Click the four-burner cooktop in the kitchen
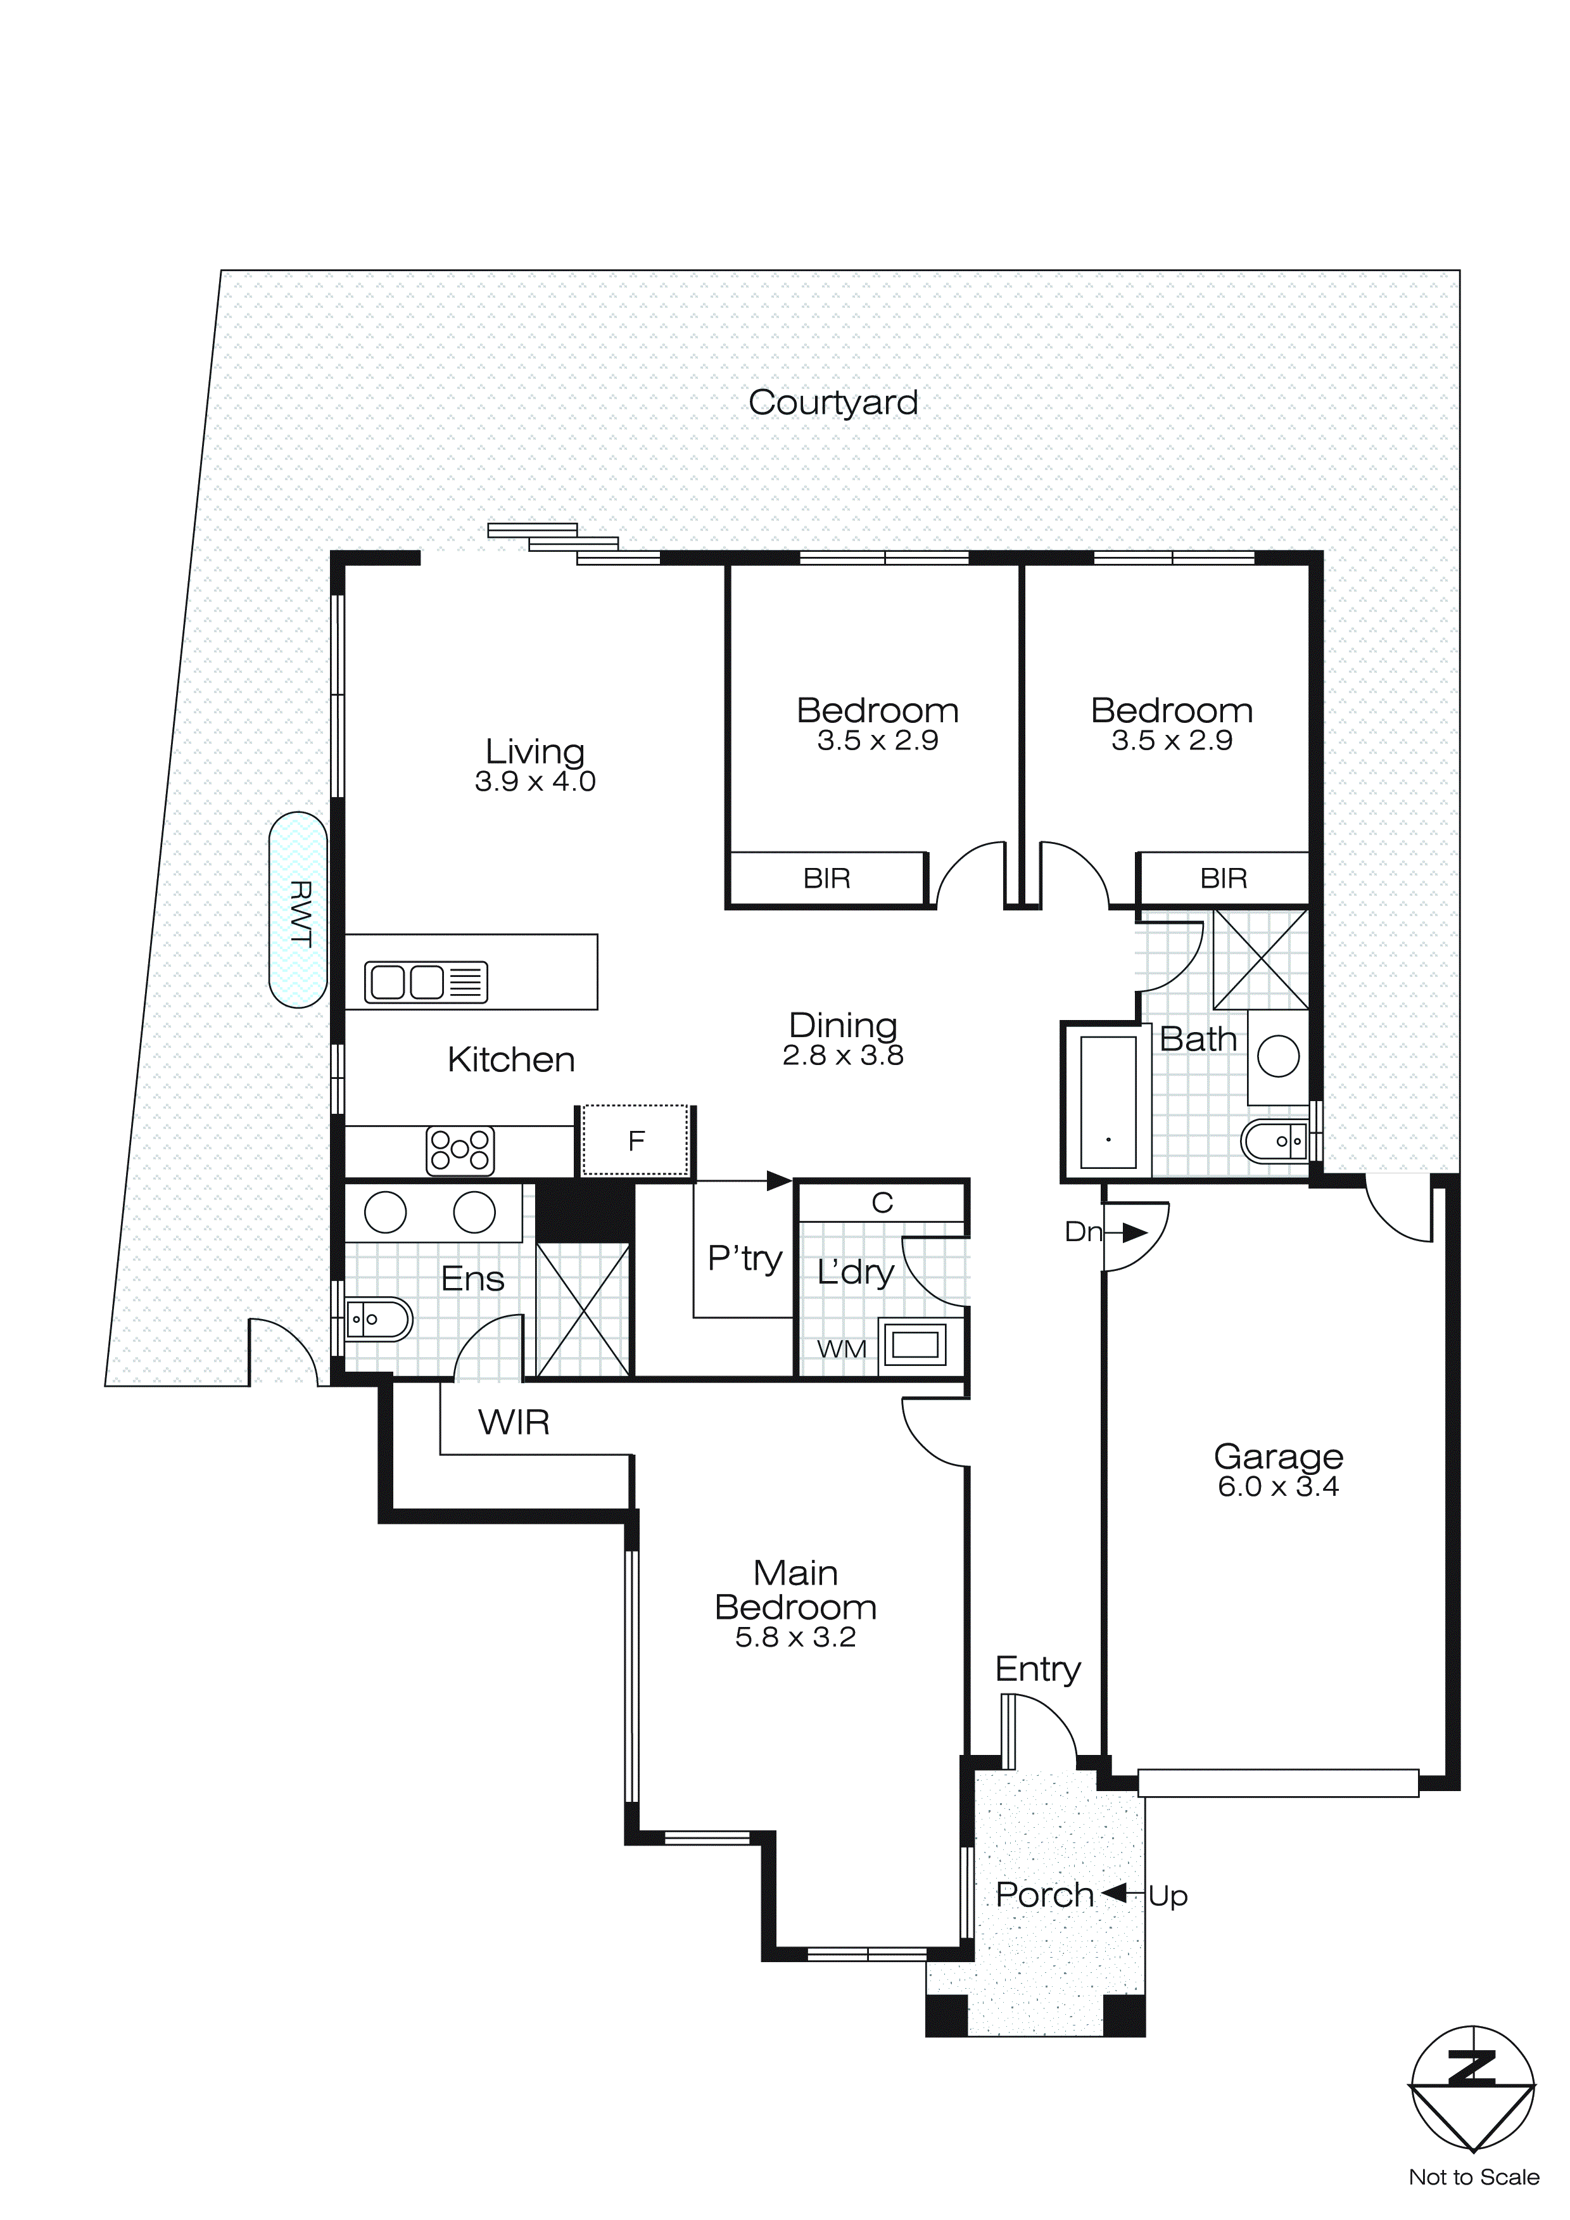460,1151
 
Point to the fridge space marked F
636,1141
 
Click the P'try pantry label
744,1258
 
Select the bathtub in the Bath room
1108,1102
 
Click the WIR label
514,1422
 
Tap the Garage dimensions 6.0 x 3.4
1278,1486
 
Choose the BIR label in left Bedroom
826,878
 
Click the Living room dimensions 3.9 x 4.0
535,781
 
